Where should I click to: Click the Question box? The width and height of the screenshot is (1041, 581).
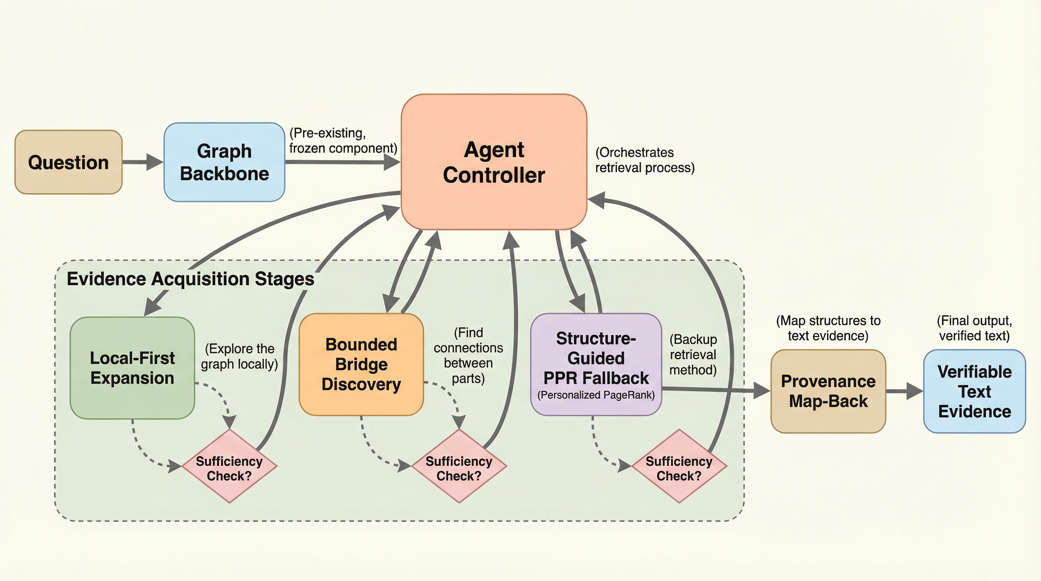[x=68, y=162]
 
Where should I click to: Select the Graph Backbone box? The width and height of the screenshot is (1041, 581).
[x=224, y=162]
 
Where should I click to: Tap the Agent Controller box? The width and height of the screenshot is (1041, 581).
[x=494, y=162]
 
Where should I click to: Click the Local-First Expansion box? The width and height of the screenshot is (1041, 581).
[x=132, y=368]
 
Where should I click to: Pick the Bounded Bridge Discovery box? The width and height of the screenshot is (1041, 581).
[x=361, y=364]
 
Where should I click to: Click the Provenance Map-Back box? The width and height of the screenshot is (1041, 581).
[x=828, y=391]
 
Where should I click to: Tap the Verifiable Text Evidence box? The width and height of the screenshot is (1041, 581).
[x=974, y=391]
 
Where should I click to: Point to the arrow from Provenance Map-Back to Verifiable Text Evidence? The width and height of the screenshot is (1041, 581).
[x=904, y=391]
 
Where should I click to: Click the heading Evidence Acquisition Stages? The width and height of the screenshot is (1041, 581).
[x=190, y=279]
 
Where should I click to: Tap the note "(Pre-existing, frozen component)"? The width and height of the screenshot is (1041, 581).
[x=343, y=141]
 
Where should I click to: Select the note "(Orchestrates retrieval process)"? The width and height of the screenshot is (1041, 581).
[x=645, y=160]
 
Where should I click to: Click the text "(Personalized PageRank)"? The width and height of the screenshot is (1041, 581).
[x=596, y=395]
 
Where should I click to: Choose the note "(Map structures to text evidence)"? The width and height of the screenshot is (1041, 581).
[x=828, y=328]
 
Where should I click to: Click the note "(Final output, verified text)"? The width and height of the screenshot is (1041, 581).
[x=974, y=328]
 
